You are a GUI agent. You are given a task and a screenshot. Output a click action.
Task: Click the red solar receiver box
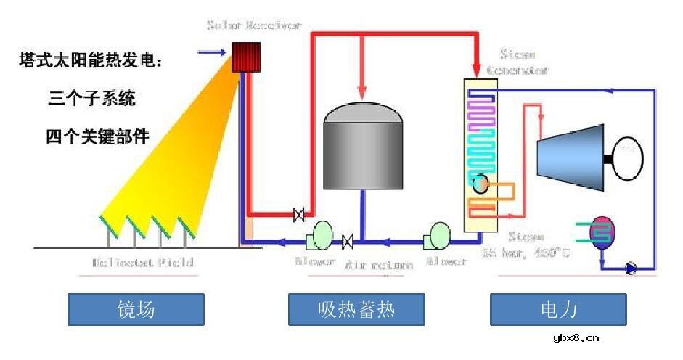click(245, 57)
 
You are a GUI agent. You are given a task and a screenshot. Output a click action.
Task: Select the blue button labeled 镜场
click(136, 310)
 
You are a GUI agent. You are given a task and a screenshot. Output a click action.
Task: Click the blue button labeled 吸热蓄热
click(356, 310)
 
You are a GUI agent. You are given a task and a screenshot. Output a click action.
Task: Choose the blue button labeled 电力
click(558, 310)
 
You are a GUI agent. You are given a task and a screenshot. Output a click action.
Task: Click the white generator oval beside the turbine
click(626, 157)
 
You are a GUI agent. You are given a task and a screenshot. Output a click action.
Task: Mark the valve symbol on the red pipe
click(298, 214)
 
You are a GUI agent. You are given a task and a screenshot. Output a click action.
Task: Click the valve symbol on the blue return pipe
click(348, 240)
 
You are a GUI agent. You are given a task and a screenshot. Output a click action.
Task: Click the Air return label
click(380, 265)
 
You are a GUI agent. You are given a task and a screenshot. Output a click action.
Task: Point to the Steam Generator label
click(524, 62)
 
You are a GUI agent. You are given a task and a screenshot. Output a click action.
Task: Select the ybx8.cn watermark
click(576, 337)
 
